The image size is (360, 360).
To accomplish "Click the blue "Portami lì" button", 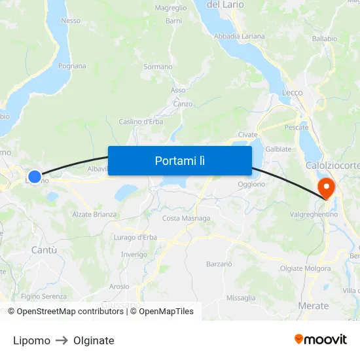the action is click(x=179, y=160).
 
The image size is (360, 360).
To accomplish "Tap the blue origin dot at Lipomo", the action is click(x=35, y=177).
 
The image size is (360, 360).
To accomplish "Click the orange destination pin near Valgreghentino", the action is click(x=325, y=189).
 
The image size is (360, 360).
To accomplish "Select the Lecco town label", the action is click(x=292, y=93).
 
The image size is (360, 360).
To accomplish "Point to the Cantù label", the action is click(x=44, y=250).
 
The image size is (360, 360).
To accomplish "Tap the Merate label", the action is click(x=313, y=306).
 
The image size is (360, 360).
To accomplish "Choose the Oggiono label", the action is click(x=251, y=185).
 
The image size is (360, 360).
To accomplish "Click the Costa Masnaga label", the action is click(x=186, y=218).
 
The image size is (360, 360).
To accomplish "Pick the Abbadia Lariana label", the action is click(x=240, y=36).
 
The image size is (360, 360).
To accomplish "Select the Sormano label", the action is click(x=158, y=67).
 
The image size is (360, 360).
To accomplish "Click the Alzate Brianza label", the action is click(x=94, y=214).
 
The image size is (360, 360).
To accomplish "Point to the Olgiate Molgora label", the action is click(x=305, y=268).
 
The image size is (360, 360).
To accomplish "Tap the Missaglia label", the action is click(x=241, y=298).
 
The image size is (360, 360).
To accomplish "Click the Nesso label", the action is click(x=70, y=21).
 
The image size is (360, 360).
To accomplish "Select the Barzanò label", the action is click(x=219, y=264).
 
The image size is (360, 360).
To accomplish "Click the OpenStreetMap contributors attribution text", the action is click(x=70, y=312).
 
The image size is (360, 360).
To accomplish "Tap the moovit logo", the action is click(x=320, y=340).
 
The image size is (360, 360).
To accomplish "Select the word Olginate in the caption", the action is click(x=94, y=340).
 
